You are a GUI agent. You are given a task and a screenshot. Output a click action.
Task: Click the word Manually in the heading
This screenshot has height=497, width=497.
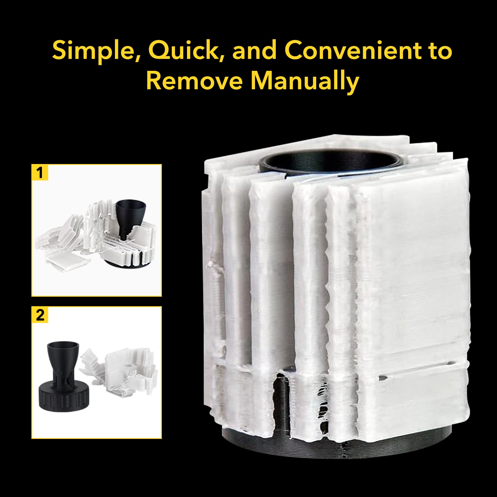coord(305,81)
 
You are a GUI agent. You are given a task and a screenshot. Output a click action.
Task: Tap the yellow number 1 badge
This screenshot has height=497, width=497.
coord(40,172)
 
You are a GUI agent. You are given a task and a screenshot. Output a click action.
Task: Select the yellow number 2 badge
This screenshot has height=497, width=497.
coord(40,315)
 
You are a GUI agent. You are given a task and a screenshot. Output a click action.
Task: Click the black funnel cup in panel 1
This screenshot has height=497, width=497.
coord(130,217)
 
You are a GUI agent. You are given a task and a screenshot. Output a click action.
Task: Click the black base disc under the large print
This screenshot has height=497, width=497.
coord(339,447)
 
